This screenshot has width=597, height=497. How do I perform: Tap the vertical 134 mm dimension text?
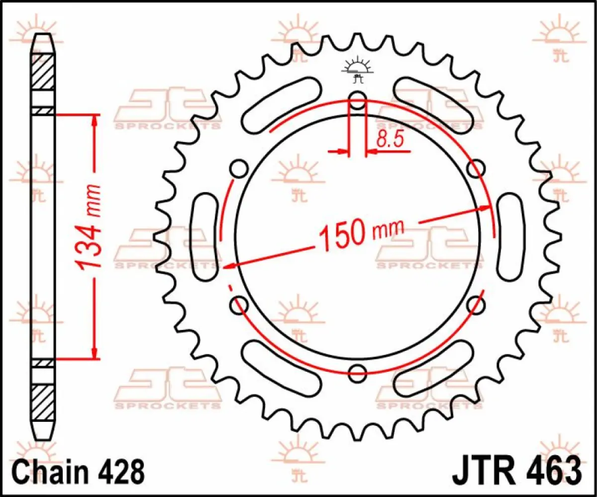(x=90, y=226)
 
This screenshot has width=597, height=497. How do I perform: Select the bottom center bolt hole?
(x=358, y=372)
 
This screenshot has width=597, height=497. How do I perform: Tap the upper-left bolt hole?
(x=239, y=168)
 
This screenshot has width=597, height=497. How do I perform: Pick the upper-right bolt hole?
(x=476, y=168)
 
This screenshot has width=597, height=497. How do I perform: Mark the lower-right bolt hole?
(x=476, y=304)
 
